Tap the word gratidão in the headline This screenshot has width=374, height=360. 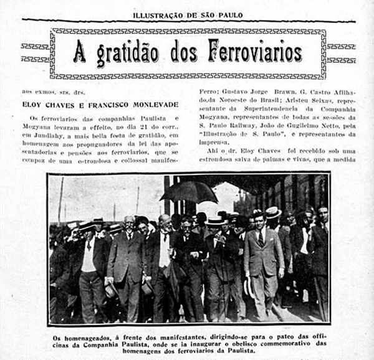pyautogui.click(x=130, y=54)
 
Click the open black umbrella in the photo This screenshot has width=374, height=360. pyautogui.click(x=189, y=191)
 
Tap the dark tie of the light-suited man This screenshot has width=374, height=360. pyautogui.click(x=261, y=239)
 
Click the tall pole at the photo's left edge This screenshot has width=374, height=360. pyautogui.click(x=60, y=199)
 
